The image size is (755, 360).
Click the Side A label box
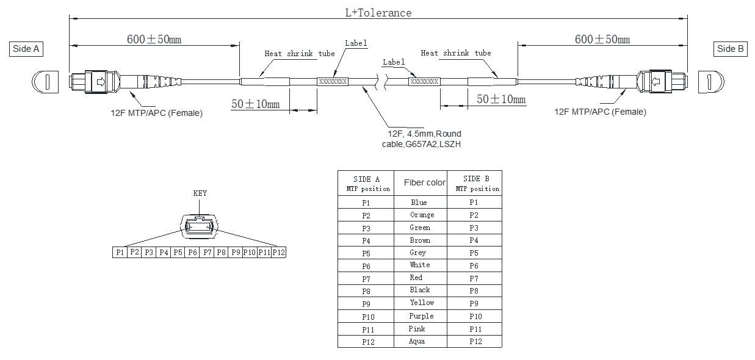coord(27,49)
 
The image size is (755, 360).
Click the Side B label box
coord(730,49)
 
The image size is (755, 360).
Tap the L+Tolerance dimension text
coord(378,12)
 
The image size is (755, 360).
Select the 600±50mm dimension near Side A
coord(154,40)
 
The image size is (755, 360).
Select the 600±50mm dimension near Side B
coord(602,40)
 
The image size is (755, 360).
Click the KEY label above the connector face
coord(200,193)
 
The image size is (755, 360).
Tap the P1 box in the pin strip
coord(120,252)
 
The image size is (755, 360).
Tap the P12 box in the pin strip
coord(279,252)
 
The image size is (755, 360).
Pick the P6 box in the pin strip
coord(192,252)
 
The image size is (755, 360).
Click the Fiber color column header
coord(424,183)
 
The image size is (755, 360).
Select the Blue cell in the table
coord(419,203)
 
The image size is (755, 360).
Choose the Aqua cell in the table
coord(417,342)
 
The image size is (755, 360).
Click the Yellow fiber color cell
coord(422,303)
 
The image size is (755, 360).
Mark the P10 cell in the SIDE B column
coord(475,316)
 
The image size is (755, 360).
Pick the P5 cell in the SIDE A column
coord(366,253)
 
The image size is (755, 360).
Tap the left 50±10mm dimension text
coord(255,104)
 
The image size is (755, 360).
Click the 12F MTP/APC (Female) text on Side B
coord(600,112)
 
